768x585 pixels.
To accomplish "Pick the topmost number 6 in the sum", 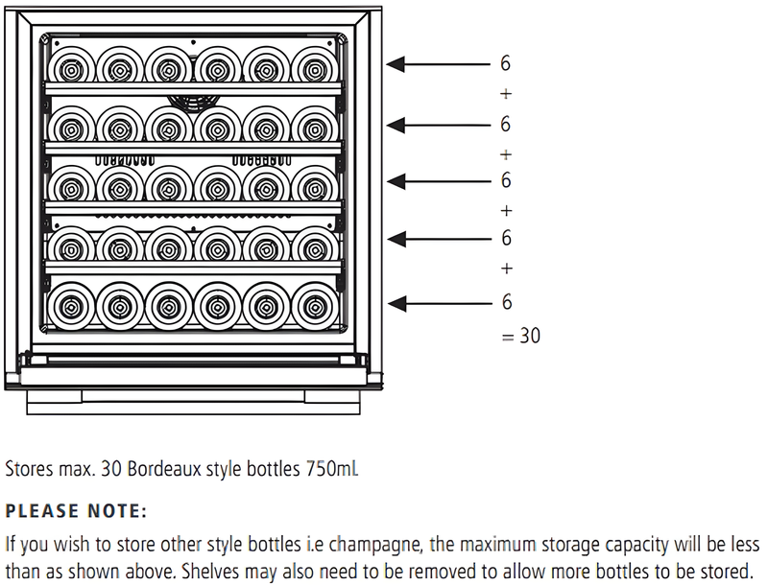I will pos(506,64).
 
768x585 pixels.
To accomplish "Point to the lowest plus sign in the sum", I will pos(506,269).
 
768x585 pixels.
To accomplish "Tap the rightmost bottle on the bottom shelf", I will pos(314,306).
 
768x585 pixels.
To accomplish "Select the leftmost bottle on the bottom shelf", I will pos(70,306).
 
